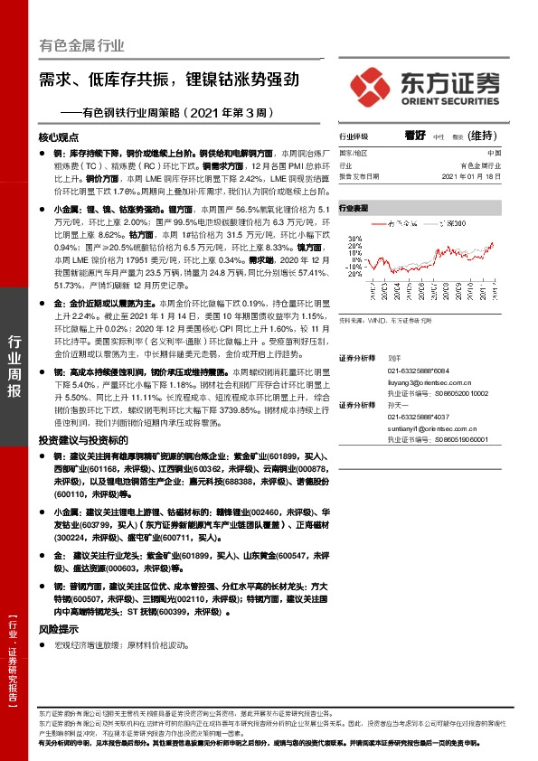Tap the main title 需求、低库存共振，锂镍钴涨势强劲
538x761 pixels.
168,79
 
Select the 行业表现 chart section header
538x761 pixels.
354,207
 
